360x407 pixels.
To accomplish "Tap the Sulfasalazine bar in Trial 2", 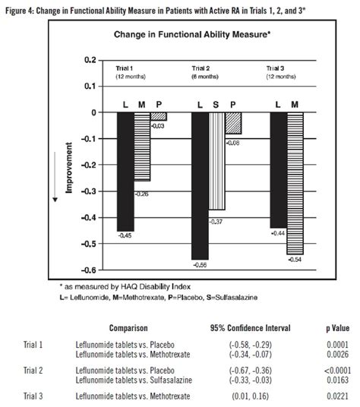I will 216,160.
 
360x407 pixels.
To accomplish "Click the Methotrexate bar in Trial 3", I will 295,183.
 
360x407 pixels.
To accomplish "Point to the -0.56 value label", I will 201,265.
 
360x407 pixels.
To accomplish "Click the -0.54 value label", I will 295,260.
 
